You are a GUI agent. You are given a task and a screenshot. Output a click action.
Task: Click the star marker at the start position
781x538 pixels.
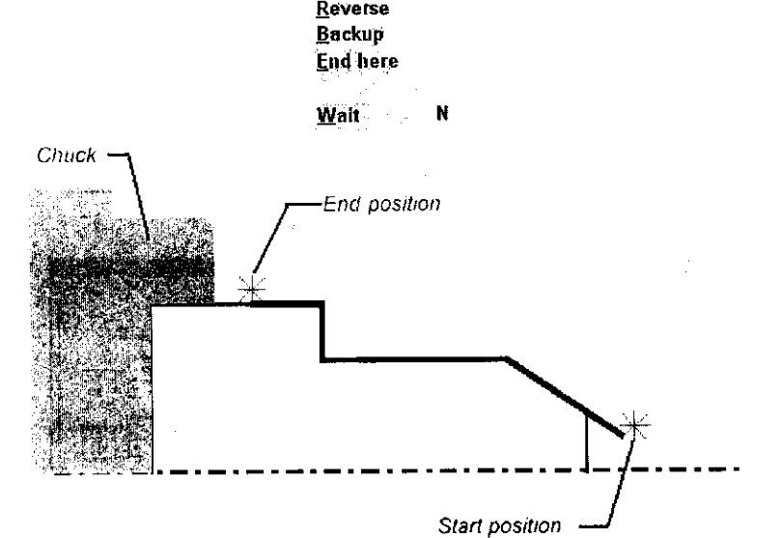634,424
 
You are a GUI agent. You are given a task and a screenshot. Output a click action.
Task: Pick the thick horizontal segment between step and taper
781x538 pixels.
415,360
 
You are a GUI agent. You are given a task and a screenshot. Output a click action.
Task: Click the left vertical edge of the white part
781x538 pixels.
153,386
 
